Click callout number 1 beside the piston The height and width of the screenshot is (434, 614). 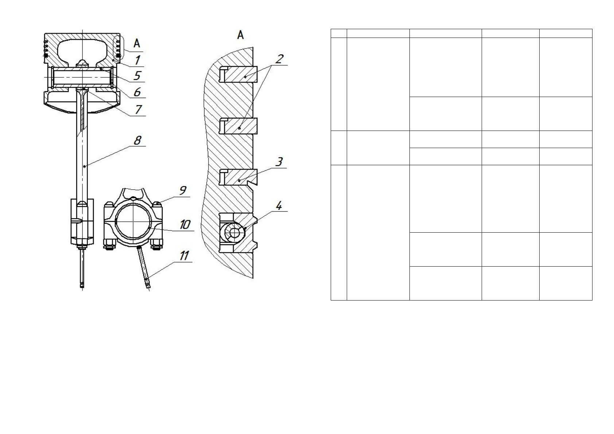tap(137, 60)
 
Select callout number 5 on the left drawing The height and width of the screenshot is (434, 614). tap(137, 75)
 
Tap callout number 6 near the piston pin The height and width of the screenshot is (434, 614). tap(137, 92)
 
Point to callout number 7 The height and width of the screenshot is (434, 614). tap(138, 110)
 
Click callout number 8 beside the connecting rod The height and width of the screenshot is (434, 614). tap(137, 140)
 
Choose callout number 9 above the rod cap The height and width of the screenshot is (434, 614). tap(183, 190)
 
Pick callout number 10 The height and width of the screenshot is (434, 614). tap(185, 225)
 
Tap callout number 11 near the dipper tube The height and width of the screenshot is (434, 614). tap(184, 256)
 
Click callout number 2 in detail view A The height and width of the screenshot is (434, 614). tap(280, 59)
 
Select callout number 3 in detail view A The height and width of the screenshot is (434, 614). tap(279, 162)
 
